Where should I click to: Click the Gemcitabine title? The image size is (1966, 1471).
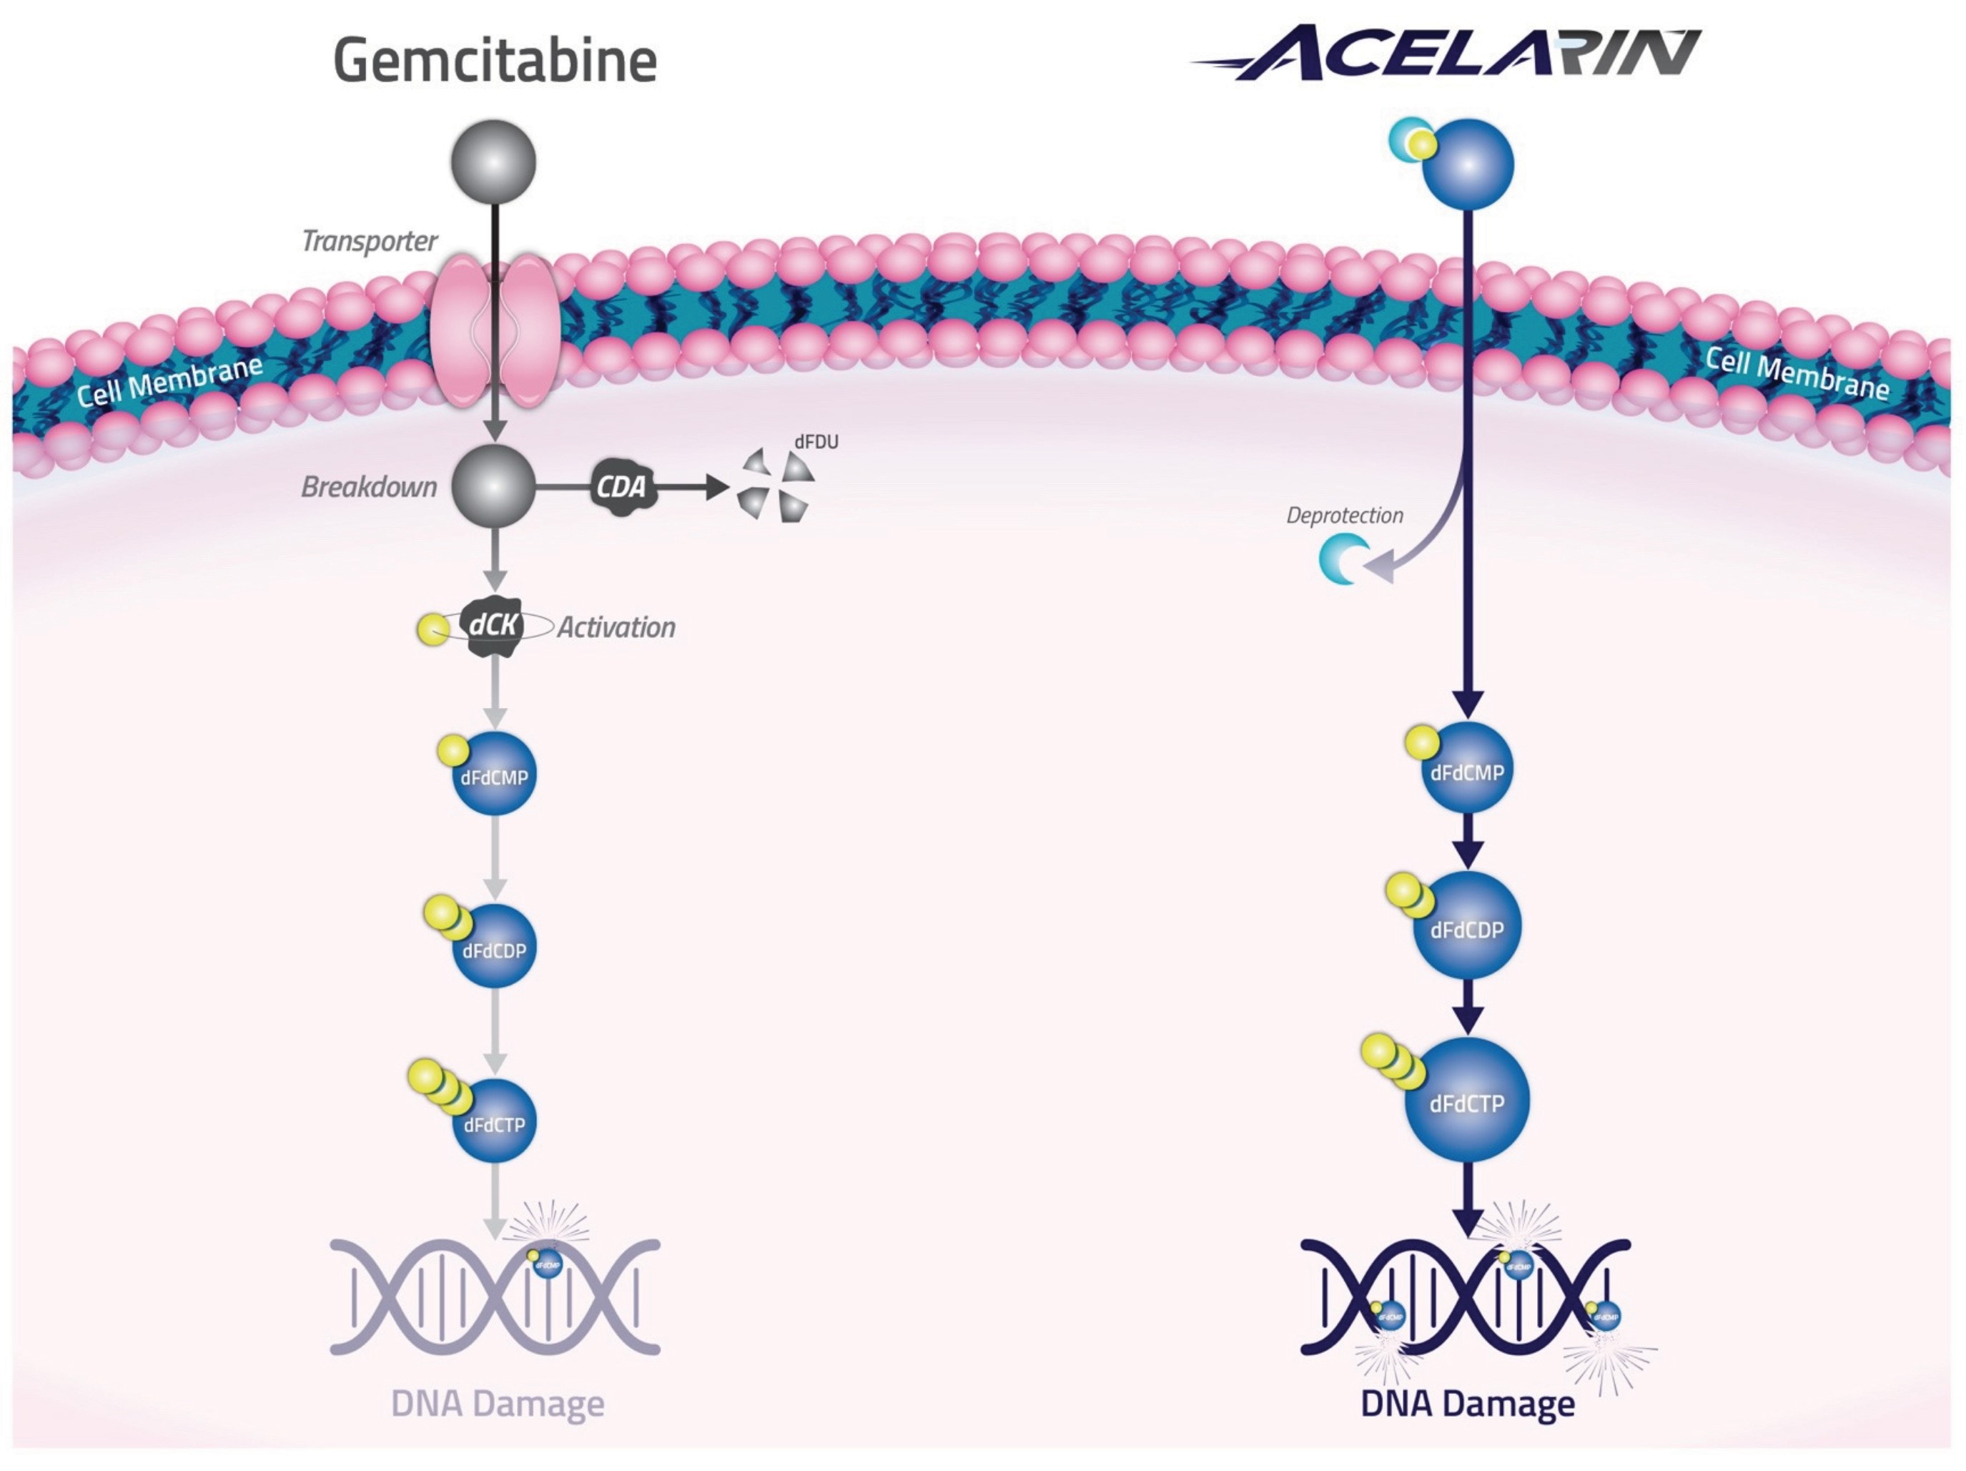pyautogui.click(x=494, y=61)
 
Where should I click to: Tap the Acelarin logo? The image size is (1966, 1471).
pyautogui.click(x=1458, y=54)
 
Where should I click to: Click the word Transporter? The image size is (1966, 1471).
pyautogui.click(x=369, y=241)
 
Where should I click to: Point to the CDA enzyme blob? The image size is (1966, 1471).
pyautogui.click(x=622, y=486)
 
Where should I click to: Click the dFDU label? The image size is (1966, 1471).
pyautogui.click(x=816, y=442)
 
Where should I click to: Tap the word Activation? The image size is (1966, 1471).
pyautogui.click(x=616, y=627)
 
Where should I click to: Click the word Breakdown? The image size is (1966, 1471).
pyautogui.click(x=369, y=487)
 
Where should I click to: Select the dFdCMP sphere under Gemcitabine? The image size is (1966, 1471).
pyautogui.click(x=494, y=775)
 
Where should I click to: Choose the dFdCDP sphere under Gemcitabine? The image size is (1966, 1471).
pyautogui.click(x=494, y=948)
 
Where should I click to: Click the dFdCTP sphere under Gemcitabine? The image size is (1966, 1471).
pyautogui.click(x=494, y=1122)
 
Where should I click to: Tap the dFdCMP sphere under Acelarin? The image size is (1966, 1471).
pyautogui.click(x=1466, y=769)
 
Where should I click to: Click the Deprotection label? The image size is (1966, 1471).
pyautogui.click(x=1345, y=516)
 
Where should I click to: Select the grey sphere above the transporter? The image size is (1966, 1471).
pyautogui.click(x=493, y=162)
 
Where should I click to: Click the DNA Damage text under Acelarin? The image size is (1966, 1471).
pyautogui.click(x=1468, y=1404)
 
